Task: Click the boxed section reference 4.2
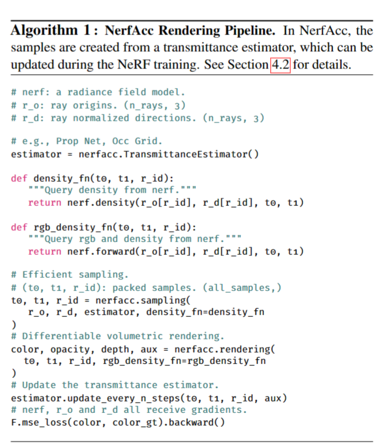point(280,64)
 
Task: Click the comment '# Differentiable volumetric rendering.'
point(118,336)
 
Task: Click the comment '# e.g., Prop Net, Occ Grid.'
point(86,141)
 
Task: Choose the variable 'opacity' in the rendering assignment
point(73,349)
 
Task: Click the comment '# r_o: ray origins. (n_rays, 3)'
point(98,105)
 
